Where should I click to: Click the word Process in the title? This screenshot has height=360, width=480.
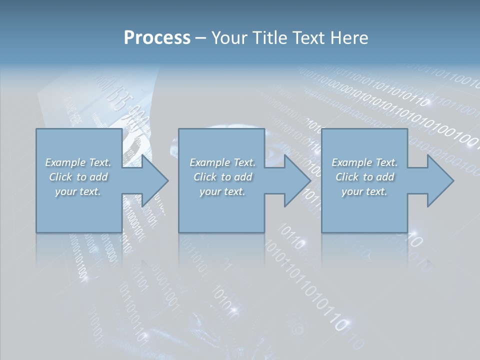pos(157,38)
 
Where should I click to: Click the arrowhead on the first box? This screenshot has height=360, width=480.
pos(152,180)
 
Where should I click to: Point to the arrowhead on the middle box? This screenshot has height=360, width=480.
pos(295,180)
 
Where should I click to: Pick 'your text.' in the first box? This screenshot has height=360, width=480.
pos(78,191)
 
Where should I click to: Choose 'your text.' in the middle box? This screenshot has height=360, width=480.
pos(222,191)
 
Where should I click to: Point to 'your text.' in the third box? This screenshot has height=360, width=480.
pos(364,191)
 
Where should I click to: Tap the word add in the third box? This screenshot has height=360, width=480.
pos(385,177)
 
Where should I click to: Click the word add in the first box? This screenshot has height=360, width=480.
pos(98,177)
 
